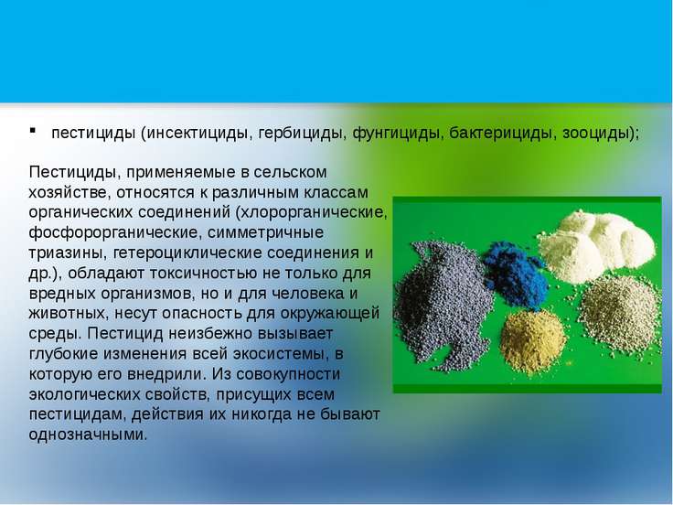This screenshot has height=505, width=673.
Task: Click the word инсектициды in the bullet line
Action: (x=198, y=134)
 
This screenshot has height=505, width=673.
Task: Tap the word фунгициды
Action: (x=398, y=134)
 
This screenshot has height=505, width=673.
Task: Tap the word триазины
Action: (x=68, y=252)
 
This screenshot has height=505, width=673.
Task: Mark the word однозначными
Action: (x=89, y=435)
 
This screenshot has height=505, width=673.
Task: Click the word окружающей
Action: (x=330, y=314)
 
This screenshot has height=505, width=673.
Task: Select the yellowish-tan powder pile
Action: (x=532, y=342)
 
